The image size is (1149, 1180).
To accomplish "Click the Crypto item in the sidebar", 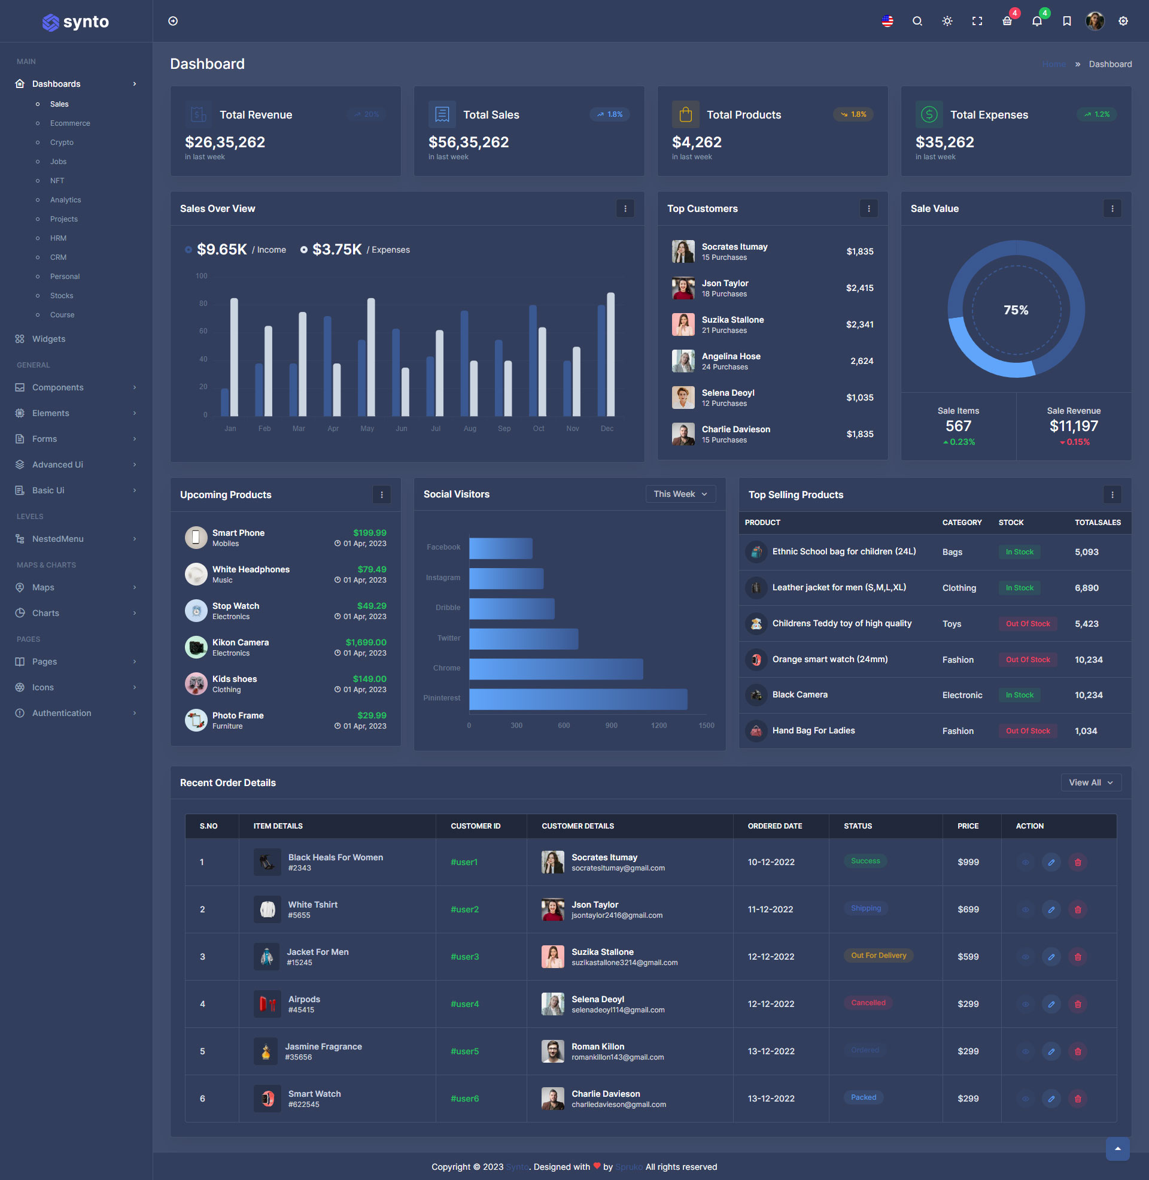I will tap(62, 142).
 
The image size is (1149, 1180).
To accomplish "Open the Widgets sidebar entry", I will tap(48, 339).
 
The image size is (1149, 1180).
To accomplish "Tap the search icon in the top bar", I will tap(917, 21).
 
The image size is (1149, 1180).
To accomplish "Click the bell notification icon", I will tap(1036, 21).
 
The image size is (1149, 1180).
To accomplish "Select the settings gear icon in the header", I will tap(1123, 21).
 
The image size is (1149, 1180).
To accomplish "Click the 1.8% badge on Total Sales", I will tap(609, 114).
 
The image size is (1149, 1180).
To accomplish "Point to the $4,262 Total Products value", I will tap(697, 142).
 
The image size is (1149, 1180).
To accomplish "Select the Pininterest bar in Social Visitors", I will tap(577, 698).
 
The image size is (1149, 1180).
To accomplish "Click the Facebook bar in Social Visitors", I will tap(500, 548).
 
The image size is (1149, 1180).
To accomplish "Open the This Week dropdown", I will tap(680, 494).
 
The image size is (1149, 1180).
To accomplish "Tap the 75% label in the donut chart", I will tap(1016, 310).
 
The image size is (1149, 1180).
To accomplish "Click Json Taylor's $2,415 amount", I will tap(859, 288).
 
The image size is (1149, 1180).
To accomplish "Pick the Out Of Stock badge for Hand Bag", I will tap(1027, 730).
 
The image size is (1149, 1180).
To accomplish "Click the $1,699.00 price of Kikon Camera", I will tap(366, 642).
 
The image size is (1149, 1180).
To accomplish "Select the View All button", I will tap(1090, 782).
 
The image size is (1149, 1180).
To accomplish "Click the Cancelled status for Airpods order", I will tap(868, 1003).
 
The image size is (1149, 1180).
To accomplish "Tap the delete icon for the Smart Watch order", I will tap(1077, 1099).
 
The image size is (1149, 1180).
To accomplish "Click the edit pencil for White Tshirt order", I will tap(1051, 909).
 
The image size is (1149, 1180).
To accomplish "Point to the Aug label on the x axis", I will tap(470, 429).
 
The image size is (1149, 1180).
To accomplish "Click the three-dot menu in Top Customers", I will tap(868, 208).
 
